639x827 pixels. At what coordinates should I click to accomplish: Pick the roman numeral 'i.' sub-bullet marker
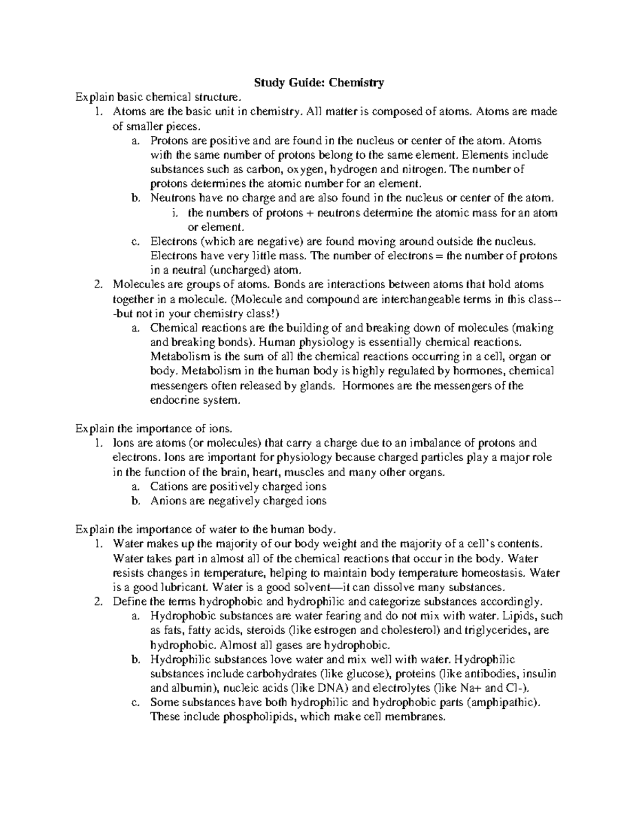click(175, 213)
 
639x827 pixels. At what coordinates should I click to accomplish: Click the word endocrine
click(171, 400)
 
